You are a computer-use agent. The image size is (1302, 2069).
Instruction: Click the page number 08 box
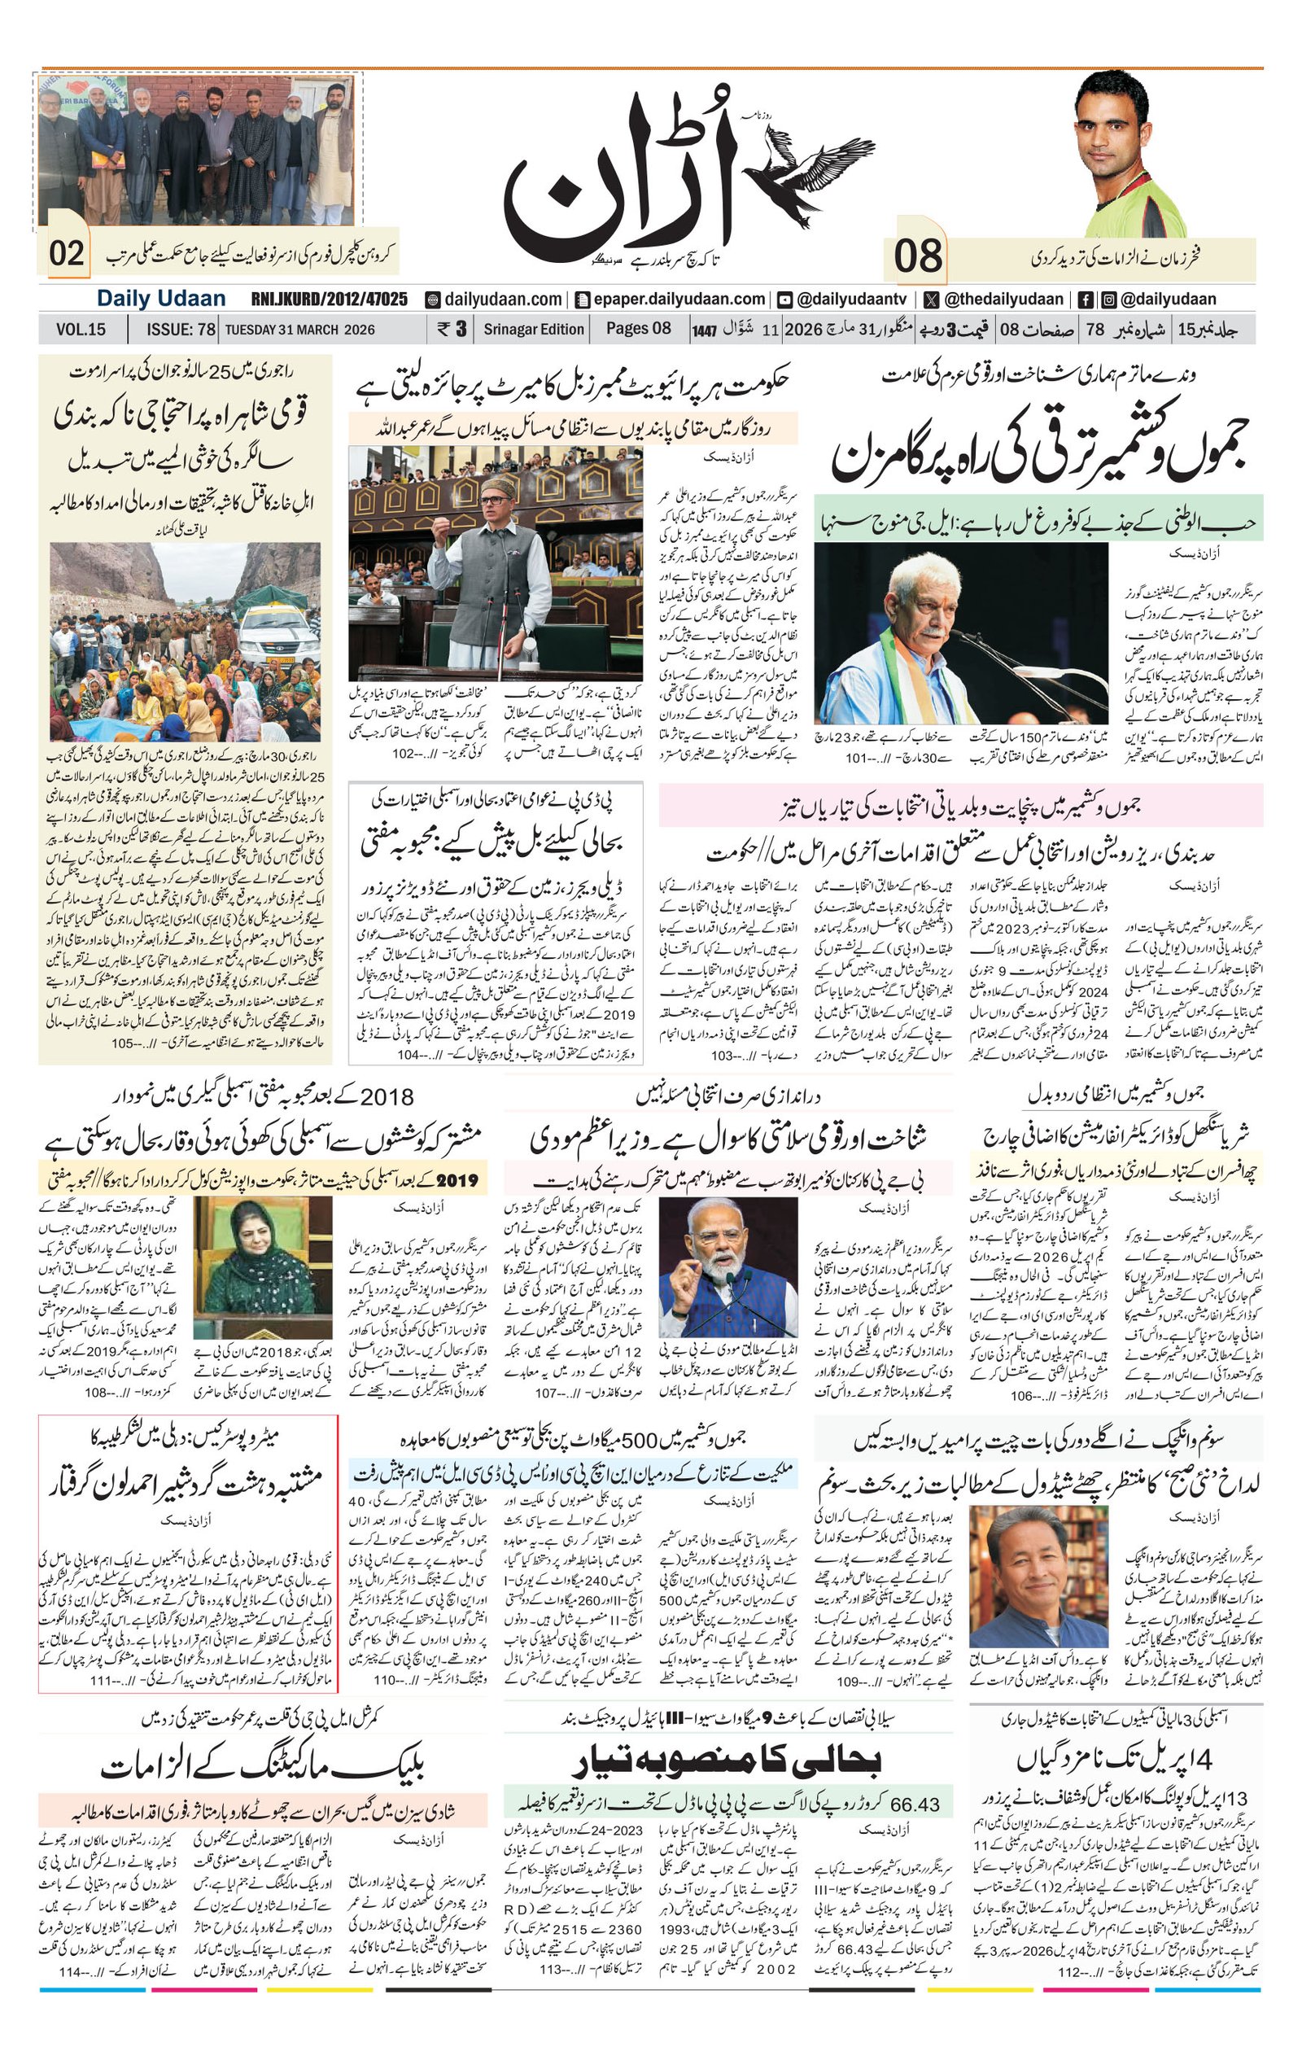tap(917, 256)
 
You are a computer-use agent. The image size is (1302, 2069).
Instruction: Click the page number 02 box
tap(66, 253)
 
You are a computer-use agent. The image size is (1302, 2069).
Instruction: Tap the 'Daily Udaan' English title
tap(160, 299)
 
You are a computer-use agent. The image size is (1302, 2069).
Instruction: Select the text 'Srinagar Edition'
tap(533, 329)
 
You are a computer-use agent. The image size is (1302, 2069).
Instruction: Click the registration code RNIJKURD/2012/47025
tap(329, 299)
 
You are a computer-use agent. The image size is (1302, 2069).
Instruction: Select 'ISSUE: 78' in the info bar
tap(181, 329)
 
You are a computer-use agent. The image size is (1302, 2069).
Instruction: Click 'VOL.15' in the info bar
tap(81, 329)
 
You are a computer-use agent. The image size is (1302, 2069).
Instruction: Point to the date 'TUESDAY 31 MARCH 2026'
tap(299, 329)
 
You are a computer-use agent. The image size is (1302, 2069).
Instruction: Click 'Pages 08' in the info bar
tap(638, 328)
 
